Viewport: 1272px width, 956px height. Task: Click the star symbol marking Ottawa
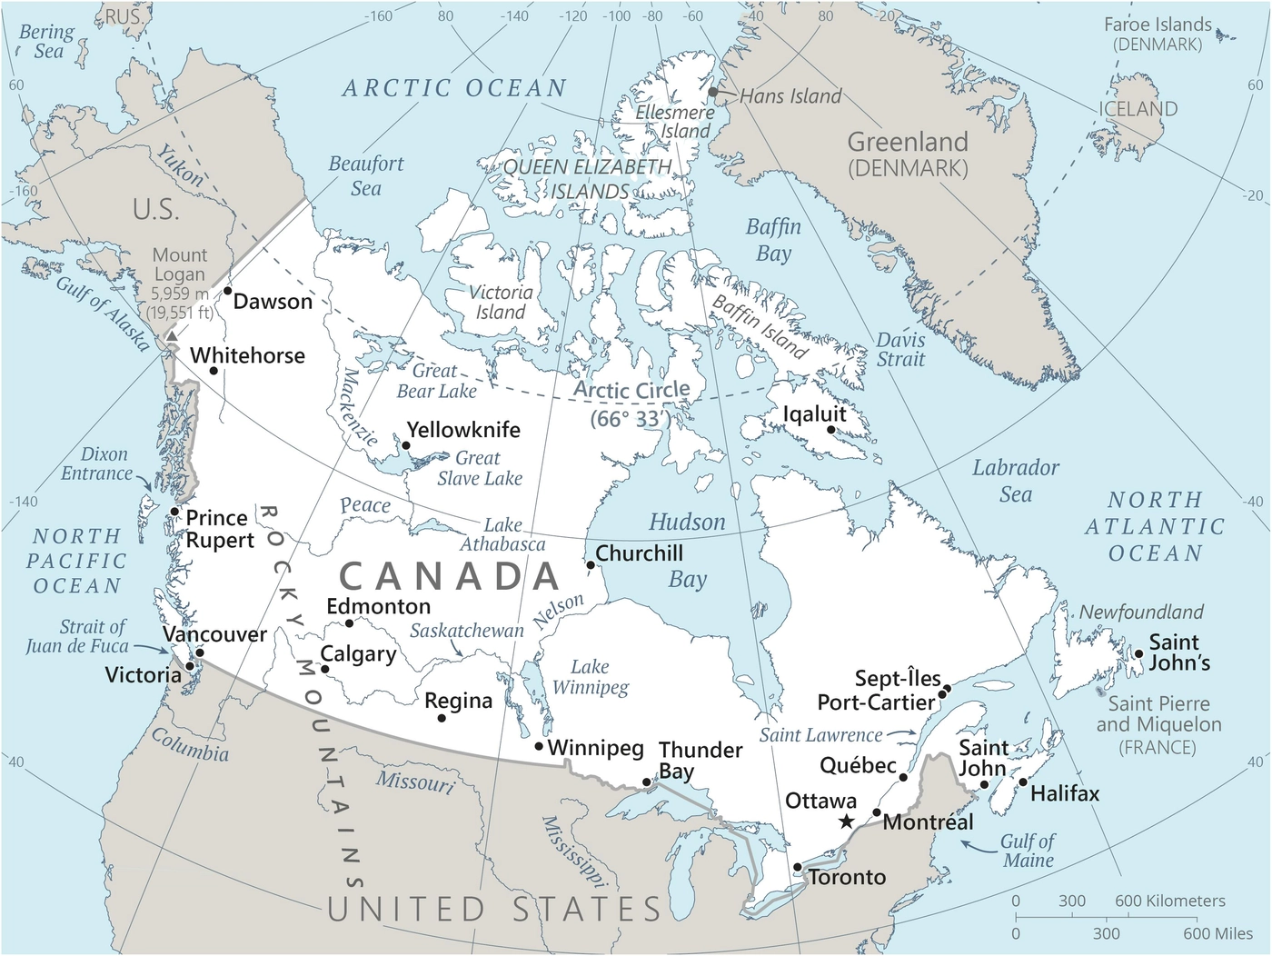(846, 822)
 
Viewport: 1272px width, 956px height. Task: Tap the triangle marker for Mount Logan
(171, 336)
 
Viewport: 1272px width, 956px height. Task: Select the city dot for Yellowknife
(406, 445)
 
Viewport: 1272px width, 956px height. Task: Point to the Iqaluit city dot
(830, 430)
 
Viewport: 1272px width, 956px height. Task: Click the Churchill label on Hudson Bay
(639, 553)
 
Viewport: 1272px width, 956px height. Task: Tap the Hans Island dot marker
(713, 92)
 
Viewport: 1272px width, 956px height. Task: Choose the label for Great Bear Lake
(436, 381)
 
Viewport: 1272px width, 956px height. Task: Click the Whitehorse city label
(247, 355)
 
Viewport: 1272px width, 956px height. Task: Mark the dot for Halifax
(1023, 782)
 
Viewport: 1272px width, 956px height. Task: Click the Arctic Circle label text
(631, 391)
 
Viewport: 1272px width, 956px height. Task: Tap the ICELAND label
(1138, 109)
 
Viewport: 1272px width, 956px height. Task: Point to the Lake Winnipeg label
(591, 677)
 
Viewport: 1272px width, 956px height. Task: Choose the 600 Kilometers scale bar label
(1170, 901)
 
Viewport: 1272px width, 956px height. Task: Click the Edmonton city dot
(350, 623)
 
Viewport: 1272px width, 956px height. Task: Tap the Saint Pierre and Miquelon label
(1158, 725)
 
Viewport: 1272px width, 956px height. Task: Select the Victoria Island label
(501, 302)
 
